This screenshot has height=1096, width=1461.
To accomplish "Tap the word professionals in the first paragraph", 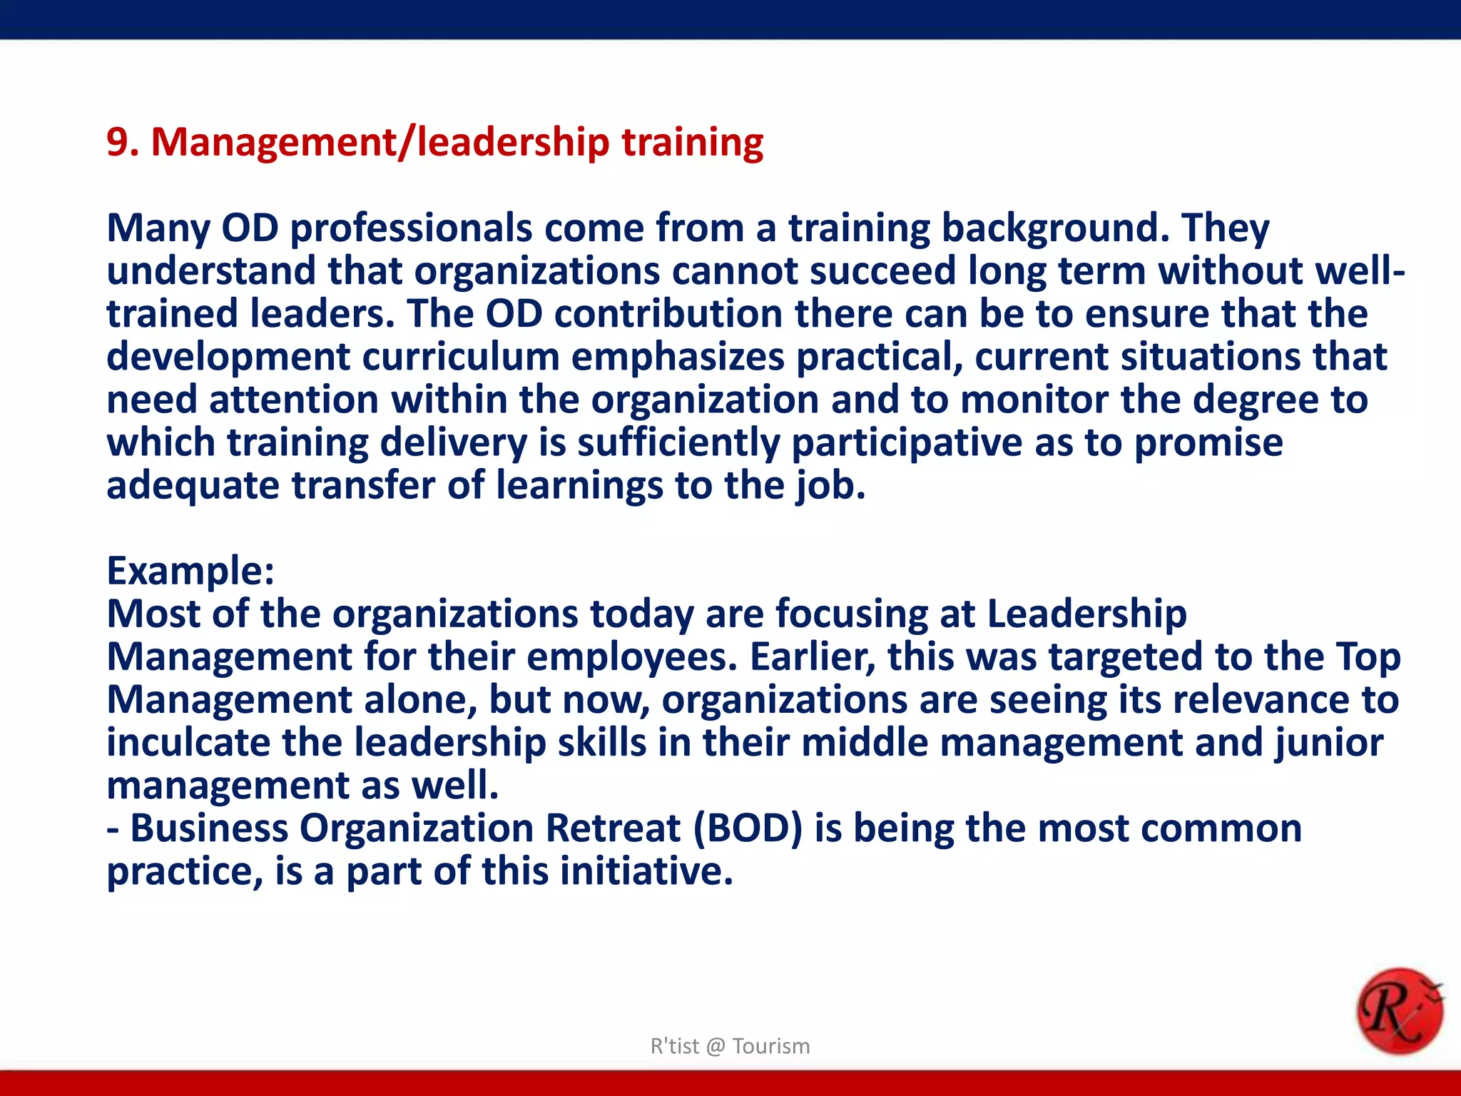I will coord(411,228).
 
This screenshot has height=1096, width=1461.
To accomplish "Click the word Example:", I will coord(190,571).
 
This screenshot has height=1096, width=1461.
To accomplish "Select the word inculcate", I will coord(188,743).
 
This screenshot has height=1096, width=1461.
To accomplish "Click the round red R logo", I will coord(1399,1011).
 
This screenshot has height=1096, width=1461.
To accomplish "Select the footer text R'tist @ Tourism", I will coord(730,1046).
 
